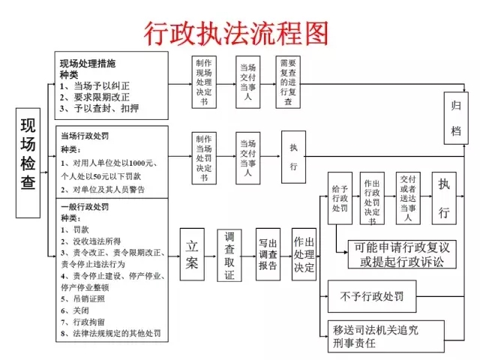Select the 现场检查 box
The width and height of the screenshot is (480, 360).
28,163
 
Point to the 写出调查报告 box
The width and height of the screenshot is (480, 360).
268,254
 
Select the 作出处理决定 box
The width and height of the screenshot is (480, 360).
304,254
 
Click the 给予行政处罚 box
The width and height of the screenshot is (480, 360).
340,199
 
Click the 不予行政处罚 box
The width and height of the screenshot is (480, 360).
372,297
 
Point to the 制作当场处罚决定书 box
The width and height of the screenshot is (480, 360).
204,155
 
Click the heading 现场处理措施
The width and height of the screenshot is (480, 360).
88,64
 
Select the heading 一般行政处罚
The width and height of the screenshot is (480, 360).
84,207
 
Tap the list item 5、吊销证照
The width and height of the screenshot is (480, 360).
85,298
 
